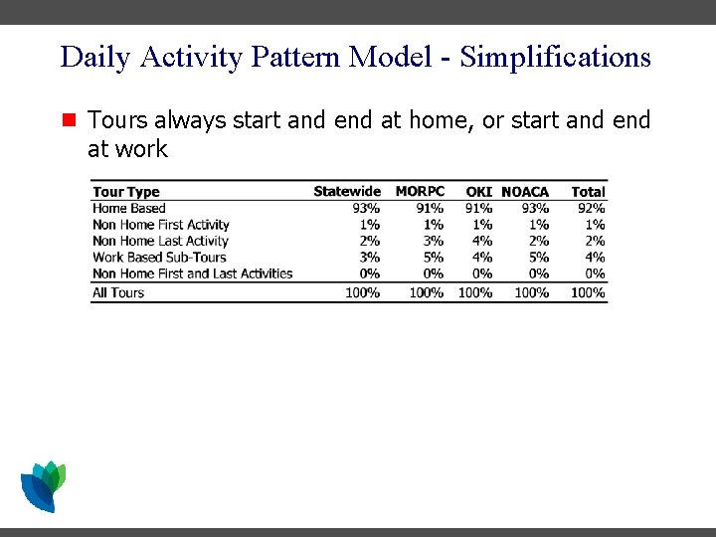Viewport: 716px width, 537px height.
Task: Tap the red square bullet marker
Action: point(69,121)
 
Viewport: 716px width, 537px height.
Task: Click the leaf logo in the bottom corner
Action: point(43,485)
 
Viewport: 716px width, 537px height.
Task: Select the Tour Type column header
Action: point(125,192)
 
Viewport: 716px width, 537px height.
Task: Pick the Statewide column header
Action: point(346,191)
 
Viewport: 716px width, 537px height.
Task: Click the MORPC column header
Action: point(420,191)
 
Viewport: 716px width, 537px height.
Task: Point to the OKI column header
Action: point(479,191)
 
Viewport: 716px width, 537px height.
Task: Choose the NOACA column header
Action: point(525,191)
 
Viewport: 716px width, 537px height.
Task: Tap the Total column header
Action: point(588,191)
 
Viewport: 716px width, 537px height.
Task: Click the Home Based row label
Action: point(129,208)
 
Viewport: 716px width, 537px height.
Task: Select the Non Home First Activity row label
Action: point(161,225)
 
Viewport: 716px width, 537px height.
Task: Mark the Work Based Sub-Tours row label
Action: point(159,257)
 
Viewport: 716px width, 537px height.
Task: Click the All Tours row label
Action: point(118,292)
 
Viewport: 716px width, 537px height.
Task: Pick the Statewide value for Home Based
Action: point(366,208)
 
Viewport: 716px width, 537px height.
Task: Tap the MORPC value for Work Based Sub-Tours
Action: point(434,257)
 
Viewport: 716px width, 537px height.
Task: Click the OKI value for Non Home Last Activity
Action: point(482,241)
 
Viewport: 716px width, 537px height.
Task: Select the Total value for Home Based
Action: point(592,208)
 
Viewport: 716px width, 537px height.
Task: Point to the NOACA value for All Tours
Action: point(532,292)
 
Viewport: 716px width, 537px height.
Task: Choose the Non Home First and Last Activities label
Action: point(193,273)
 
